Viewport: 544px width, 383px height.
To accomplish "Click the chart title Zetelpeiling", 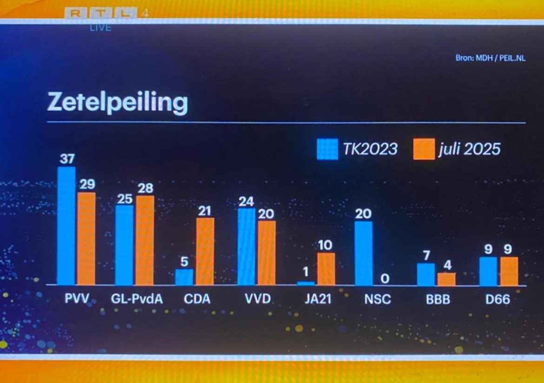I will (117, 103).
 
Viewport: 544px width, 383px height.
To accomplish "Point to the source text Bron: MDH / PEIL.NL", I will (491, 59).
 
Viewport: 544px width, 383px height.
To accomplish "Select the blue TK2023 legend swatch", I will (327, 149).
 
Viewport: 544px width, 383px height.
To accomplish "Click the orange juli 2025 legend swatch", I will (424, 149).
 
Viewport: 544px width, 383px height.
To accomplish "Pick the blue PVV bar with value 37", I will (66, 226).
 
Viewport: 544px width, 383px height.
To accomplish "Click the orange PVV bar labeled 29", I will (86, 238).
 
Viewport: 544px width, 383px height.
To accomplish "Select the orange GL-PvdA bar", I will (145, 240).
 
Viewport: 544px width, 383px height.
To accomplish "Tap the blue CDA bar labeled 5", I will (184, 277).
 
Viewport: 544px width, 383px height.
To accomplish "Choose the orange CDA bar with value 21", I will (205, 251).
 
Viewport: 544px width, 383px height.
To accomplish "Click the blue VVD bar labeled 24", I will (246, 247).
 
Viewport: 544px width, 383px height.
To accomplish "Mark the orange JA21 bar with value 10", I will (326, 269).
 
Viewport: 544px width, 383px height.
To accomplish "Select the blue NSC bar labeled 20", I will (364, 253).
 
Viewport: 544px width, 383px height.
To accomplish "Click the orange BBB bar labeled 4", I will (446, 279).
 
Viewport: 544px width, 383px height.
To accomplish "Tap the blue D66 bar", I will (488, 271).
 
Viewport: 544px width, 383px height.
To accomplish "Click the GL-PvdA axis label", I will (137, 299).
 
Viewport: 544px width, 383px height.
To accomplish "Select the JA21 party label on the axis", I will (318, 299).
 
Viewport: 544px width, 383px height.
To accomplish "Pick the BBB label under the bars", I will (438, 299).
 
